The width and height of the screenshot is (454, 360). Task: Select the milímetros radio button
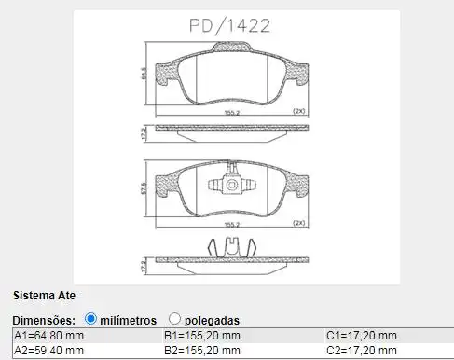[90, 319]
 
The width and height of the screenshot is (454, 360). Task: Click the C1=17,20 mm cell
[361, 336]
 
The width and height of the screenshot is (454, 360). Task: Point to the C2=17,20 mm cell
[361, 351]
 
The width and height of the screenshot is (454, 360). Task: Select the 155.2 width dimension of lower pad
[232, 224]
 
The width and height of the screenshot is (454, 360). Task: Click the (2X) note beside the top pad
[299, 111]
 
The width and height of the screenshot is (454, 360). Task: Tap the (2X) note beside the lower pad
[299, 224]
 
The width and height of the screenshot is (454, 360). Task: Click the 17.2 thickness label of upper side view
[143, 132]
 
